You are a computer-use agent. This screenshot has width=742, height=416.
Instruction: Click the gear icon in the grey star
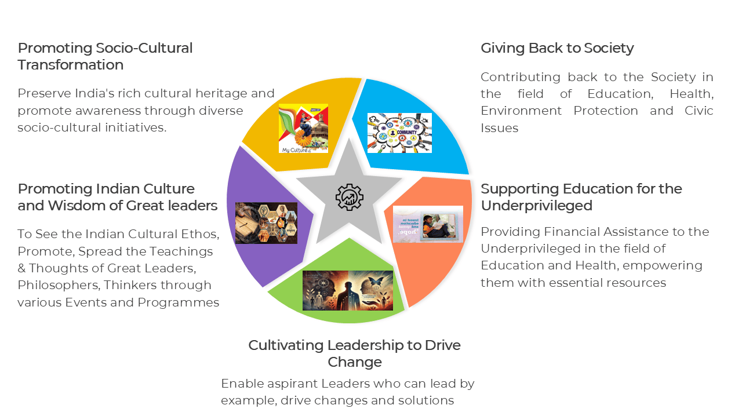tap(349, 197)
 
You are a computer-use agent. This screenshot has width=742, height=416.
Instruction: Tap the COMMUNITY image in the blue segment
tap(399, 133)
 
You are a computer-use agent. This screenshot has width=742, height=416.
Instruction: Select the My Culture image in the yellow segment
tap(303, 128)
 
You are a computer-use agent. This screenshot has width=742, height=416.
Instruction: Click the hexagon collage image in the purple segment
tap(266, 223)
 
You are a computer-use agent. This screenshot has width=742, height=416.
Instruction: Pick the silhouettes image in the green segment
tap(347, 290)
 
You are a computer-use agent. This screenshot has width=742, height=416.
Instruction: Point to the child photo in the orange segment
tap(428, 224)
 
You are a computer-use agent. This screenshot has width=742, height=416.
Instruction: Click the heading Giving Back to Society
tap(557, 48)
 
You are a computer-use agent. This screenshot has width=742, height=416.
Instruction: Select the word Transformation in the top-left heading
tap(70, 65)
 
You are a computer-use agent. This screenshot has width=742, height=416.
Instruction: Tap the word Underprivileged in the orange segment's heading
tap(536, 206)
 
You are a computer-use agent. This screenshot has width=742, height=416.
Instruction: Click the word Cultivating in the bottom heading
tap(286, 345)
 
